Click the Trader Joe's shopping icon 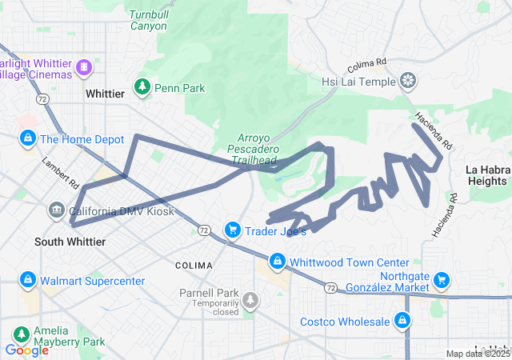click(232, 230)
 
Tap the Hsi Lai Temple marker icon click(408, 81)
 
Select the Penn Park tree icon click(142, 86)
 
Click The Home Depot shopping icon click(28, 138)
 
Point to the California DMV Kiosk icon click(56, 211)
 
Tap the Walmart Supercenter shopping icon click(28, 281)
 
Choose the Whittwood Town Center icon click(277, 262)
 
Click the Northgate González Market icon click(439, 281)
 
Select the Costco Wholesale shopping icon click(402, 322)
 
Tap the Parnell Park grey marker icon click(251, 301)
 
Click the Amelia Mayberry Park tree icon click(18, 334)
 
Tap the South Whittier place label click(70, 242)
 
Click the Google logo click(26, 349)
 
